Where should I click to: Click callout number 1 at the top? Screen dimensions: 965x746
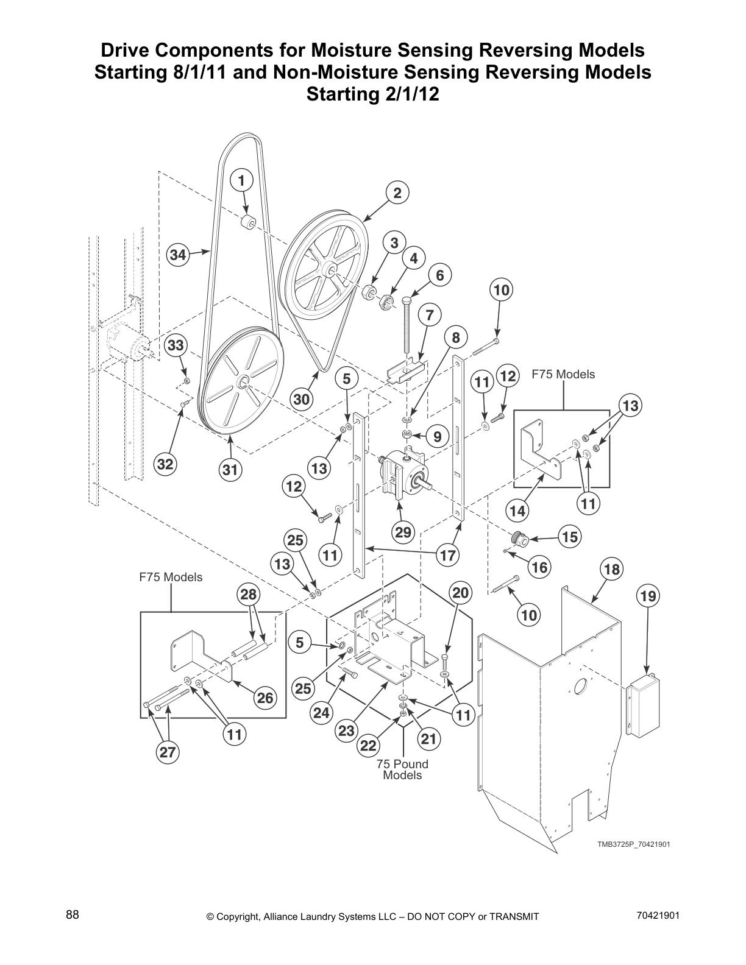[241, 180]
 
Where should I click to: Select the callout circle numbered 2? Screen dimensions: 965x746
[397, 193]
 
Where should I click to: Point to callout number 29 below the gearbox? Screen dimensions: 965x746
[403, 532]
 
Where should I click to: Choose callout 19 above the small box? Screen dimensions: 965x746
[648, 596]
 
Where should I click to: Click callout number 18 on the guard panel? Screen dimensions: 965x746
[611, 569]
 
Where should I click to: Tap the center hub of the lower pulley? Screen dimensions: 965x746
[242, 383]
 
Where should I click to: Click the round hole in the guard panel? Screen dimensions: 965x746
[580, 684]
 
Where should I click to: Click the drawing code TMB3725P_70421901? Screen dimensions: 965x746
[633, 844]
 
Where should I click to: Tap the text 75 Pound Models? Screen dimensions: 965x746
[402, 769]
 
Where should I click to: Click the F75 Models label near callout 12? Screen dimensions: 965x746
[563, 374]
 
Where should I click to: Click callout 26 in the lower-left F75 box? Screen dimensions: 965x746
[265, 698]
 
